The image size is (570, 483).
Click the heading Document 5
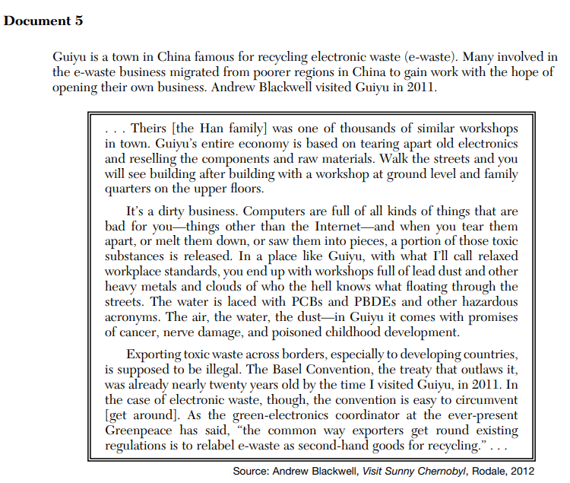tap(43, 21)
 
